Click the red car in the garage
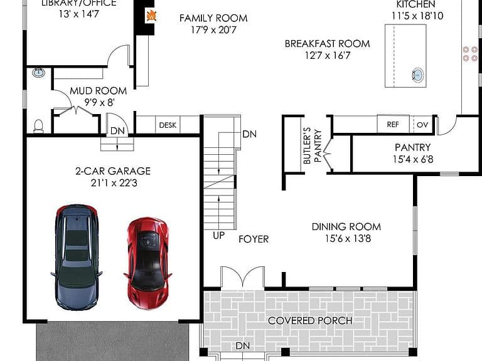(147, 263)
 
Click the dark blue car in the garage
(77, 257)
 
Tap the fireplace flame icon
(151, 16)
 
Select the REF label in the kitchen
(393, 124)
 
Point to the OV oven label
(422, 125)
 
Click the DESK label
(168, 125)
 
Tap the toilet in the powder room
(38, 126)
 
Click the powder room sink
(38, 73)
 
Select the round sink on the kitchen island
(418, 75)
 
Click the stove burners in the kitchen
(470, 54)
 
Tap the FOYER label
(254, 239)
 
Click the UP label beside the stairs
(218, 236)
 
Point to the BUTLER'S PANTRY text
(312, 146)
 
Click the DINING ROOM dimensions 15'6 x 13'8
(348, 239)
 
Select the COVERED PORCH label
(310, 320)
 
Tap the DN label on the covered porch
(242, 346)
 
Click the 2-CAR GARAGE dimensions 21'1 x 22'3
(114, 183)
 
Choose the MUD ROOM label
(98, 90)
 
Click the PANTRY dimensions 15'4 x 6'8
(413, 159)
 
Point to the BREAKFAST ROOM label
(327, 44)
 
